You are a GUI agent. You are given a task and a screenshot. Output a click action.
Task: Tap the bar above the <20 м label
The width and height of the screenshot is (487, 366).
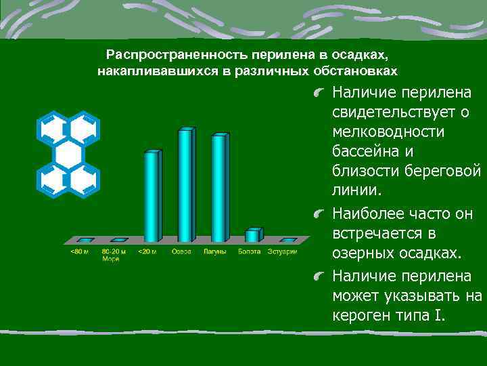coord(152,196)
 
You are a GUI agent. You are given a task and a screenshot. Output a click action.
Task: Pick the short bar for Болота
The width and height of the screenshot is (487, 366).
coord(252,235)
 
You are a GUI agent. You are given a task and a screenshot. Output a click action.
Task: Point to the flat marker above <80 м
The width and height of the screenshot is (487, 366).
coord(85,240)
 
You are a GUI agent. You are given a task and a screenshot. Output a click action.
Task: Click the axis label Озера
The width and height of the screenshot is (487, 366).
coord(181,251)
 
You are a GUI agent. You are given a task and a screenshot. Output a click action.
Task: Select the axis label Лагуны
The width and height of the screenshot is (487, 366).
coord(216,251)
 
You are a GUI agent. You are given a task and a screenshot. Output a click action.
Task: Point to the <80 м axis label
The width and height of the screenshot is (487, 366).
coord(80,251)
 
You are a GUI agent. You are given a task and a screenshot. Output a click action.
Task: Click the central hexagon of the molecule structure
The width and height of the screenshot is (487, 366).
coord(68,154)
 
